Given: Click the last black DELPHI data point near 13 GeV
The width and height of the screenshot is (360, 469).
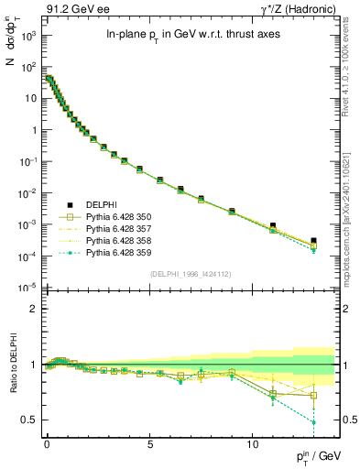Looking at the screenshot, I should click(x=313, y=241).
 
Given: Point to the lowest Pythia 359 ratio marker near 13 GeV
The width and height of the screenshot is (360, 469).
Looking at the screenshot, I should click(x=313, y=422).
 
